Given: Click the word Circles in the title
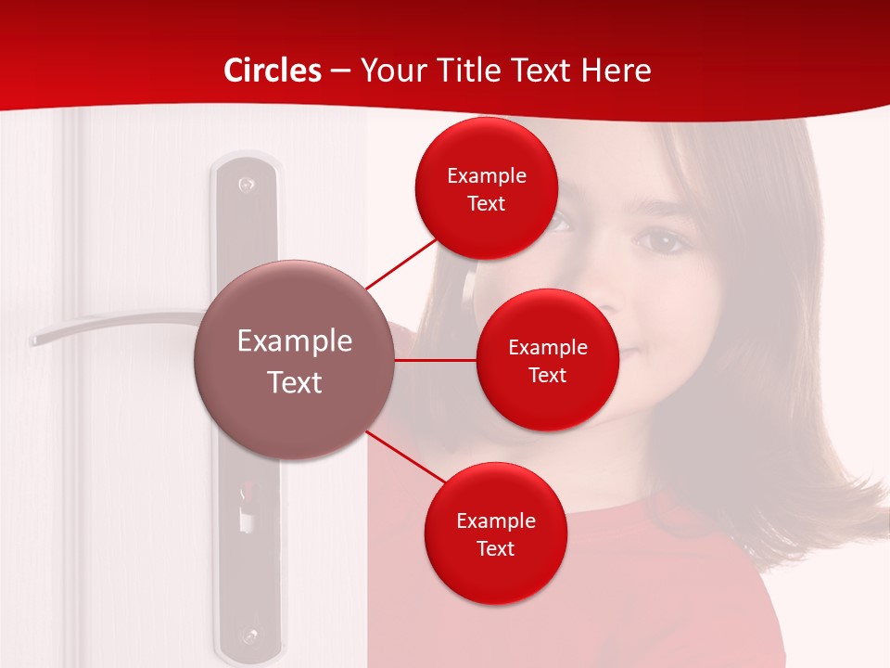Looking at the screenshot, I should pos(273,71).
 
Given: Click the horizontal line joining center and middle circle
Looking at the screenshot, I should pos(436,360).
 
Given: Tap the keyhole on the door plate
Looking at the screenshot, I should pos(247,510).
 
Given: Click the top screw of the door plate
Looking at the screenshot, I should pos(246,184).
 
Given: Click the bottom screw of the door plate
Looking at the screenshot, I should pos(248,636).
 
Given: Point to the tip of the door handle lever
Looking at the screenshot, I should pos(35,340).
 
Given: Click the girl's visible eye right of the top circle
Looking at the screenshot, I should pos(660,241).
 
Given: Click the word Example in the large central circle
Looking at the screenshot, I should pos(295,341).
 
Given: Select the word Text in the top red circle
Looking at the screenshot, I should pos(487,204).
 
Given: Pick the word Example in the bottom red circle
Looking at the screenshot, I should pos(495,520).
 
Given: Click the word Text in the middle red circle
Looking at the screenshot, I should pos(548,376).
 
